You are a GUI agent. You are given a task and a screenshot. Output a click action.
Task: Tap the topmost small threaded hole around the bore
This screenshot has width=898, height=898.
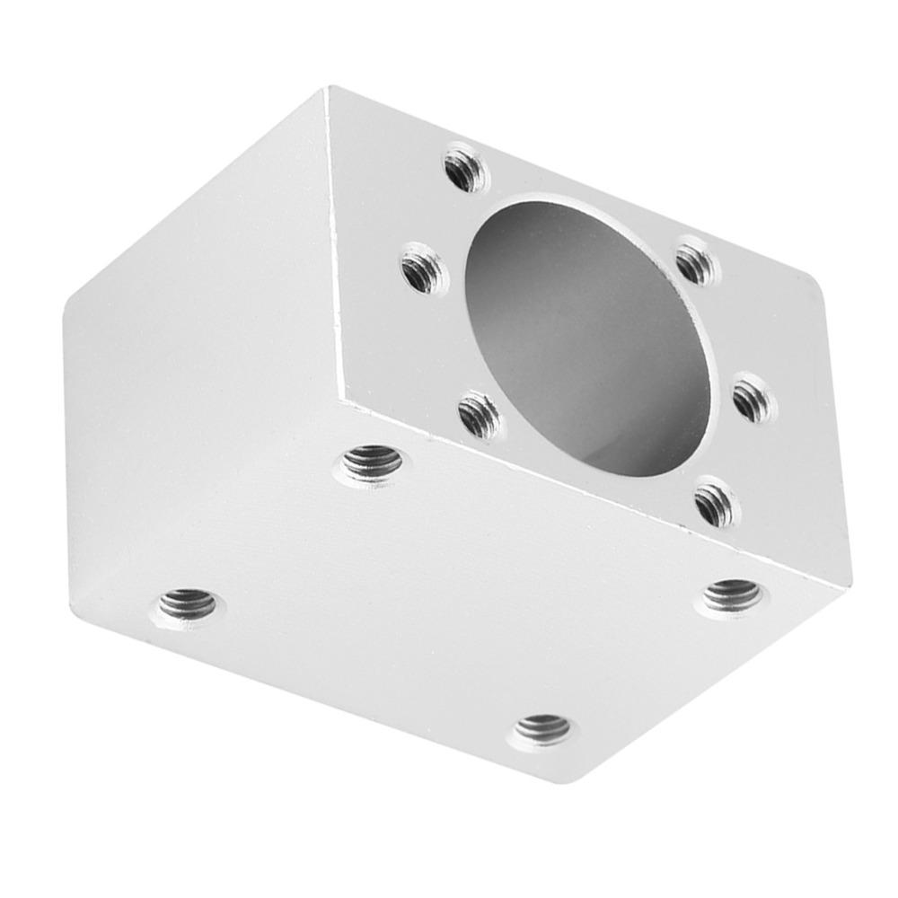tap(465, 170)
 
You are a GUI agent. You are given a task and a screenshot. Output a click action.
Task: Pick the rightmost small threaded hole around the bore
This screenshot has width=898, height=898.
tap(753, 398)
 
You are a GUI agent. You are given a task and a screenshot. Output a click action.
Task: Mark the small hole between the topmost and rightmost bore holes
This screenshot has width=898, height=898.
tap(696, 263)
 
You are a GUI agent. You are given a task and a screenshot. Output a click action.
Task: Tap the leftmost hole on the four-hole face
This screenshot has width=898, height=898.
tap(188, 606)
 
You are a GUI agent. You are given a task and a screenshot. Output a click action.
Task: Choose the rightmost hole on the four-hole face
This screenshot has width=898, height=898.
tap(732, 594)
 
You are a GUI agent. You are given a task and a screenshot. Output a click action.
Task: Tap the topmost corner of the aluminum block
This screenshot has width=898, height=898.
tap(329, 89)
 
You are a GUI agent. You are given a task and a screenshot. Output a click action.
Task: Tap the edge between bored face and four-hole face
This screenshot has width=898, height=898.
tap(593, 494)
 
